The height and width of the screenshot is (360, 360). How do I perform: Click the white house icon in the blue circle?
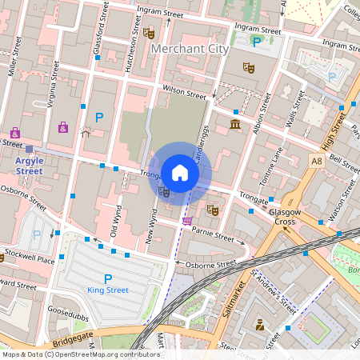[180, 173]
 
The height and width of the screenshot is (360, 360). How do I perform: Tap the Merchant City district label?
[189, 49]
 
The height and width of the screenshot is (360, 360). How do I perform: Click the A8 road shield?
[317, 161]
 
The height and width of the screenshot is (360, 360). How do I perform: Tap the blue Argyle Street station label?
[30, 166]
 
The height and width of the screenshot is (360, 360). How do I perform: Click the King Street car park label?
[107, 290]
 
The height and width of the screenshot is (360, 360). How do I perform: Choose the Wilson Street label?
[184, 94]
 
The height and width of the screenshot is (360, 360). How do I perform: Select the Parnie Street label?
[213, 234]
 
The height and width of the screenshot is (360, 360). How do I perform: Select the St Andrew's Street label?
[274, 294]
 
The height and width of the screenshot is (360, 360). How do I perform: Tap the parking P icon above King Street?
[107, 278]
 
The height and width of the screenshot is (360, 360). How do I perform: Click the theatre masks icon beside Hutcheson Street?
[150, 33]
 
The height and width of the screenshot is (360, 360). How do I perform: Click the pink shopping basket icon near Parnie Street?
[187, 221]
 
